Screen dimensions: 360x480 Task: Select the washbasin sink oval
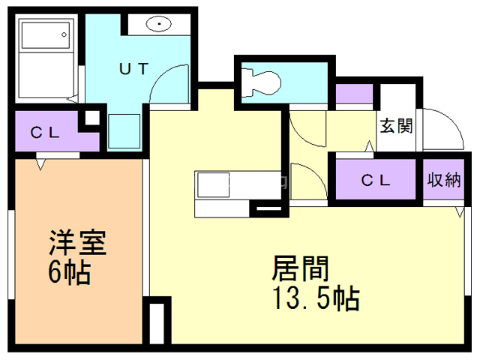[159, 24]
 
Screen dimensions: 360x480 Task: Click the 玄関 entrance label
[395, 125]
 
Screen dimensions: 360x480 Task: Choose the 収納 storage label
[443, 180]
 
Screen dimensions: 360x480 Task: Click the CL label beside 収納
[375, 180]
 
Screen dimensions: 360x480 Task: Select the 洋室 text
[77, 244]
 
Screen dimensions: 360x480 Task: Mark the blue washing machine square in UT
[124, 131]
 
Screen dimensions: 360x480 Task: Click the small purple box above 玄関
[354, 94]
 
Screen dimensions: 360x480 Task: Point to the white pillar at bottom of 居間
[157, 322]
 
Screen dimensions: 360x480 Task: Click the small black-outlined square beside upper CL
[91, 118]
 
